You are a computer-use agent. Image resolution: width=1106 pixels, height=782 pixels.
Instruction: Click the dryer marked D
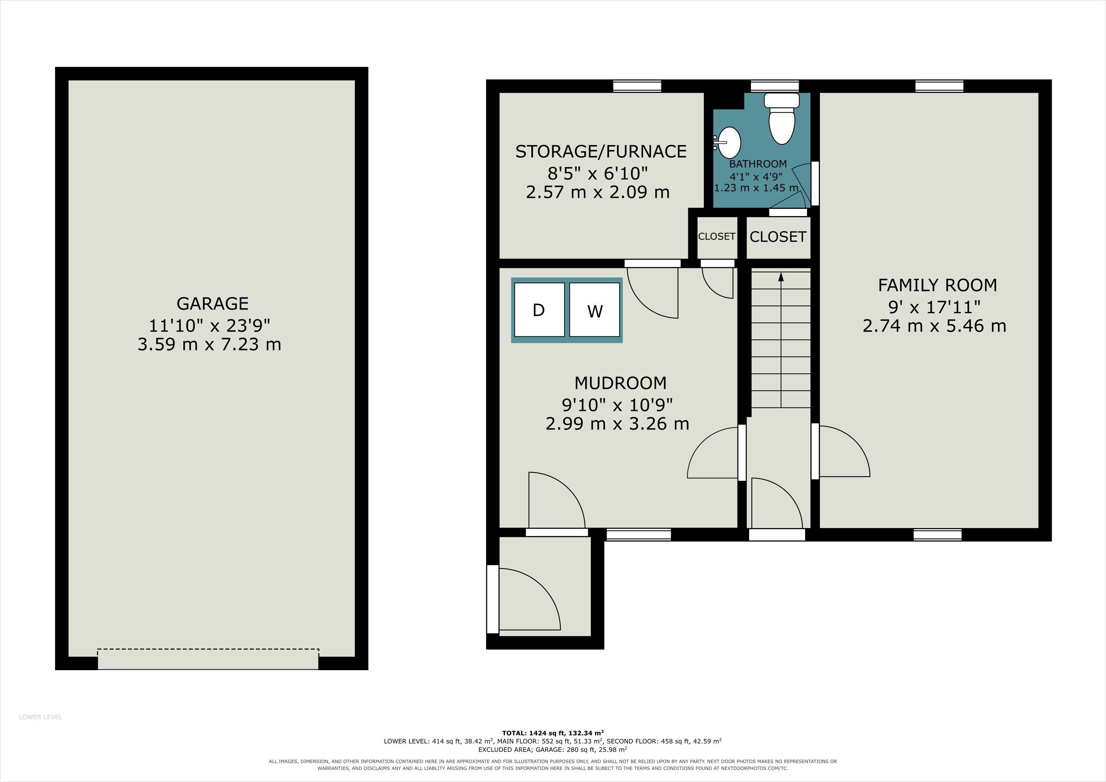click(539, 310)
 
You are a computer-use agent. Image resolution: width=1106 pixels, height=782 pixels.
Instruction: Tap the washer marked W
click(594, 310)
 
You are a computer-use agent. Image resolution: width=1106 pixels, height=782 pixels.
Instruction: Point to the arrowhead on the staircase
click(781, 276)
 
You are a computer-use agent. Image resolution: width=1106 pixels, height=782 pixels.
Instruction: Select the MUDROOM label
click(621, 383)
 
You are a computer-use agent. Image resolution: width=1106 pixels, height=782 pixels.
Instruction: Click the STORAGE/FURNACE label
click(601, 151)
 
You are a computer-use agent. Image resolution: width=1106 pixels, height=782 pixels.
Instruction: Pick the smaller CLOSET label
click(717, 236)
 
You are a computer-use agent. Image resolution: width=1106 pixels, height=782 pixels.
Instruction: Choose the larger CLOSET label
click(778, 237)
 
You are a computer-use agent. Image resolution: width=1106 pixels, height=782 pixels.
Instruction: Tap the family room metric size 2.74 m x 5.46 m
click(935, 326)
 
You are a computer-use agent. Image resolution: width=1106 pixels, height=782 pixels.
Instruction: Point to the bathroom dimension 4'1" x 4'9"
click(756, 176)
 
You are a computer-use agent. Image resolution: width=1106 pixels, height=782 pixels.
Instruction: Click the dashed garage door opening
click(208, 659)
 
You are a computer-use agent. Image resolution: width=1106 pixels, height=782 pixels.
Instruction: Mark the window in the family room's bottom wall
click(938, 535)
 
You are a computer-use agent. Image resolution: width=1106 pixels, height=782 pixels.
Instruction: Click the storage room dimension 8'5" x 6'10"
click(598, 172)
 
